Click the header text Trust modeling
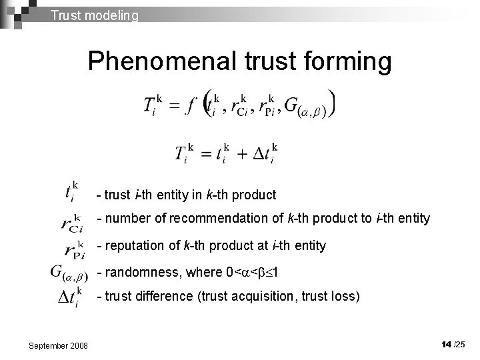(95, 14)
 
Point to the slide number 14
(446, 344)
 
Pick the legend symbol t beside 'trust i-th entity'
(71, 193)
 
